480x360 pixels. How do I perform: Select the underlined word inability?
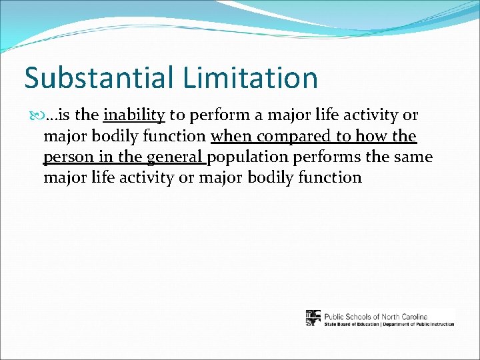pyautogui.click(x=134, y=115)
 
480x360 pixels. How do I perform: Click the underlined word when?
pyautogui.click(x=231, y=137)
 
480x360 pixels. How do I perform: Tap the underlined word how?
pyautogui.click(x=375, y=137)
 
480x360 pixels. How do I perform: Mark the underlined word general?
pyautogui.click(x=175, y=157)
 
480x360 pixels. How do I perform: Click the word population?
pyautogui.click(x=246, y=157)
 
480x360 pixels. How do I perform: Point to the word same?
pyautogui.click(x=413, y=157)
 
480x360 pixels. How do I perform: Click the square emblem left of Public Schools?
pyautogui.click(x=313, y=318)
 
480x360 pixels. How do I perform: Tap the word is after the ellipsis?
pyautogui.click(x=66, y=115)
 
